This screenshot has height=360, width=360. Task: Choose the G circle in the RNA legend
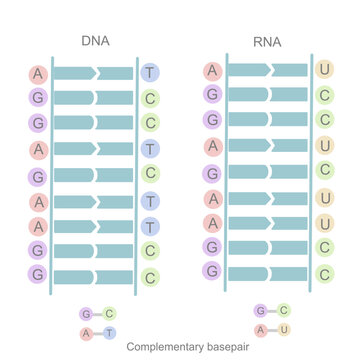coord(260,310)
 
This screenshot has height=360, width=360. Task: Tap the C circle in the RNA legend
coord(284,310)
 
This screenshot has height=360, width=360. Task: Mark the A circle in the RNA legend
coord(260,329)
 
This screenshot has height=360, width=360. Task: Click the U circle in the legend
coord(284,329)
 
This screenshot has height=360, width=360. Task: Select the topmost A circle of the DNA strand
coord(38,73)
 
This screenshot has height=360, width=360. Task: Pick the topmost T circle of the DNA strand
coord(150,73)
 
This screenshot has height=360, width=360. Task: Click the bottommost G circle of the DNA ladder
coord(38,274)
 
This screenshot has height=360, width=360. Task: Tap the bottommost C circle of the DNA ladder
coord(150,274)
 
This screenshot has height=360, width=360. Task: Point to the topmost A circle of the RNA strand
coord(211,70)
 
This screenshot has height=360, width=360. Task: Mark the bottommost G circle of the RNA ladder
coord(211,271)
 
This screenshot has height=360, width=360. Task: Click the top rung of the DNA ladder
coord(93,73)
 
